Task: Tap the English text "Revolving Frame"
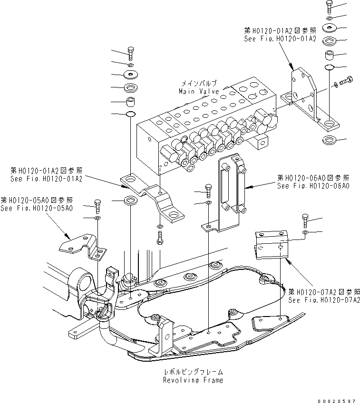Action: (x=193, y=381)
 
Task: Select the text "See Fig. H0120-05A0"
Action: (x=37, y=208)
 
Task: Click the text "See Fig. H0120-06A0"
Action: (x=313, y=186)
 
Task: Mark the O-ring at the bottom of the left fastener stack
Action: (x=130, y=114)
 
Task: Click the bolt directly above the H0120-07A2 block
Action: (x=305, y=221)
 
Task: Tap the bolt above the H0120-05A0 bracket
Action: (x=97, y=205)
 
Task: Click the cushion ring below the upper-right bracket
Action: (x=329, y=140)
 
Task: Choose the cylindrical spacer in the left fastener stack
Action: (x=130, y=101)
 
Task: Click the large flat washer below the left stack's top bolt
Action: (x=130, y=74)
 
